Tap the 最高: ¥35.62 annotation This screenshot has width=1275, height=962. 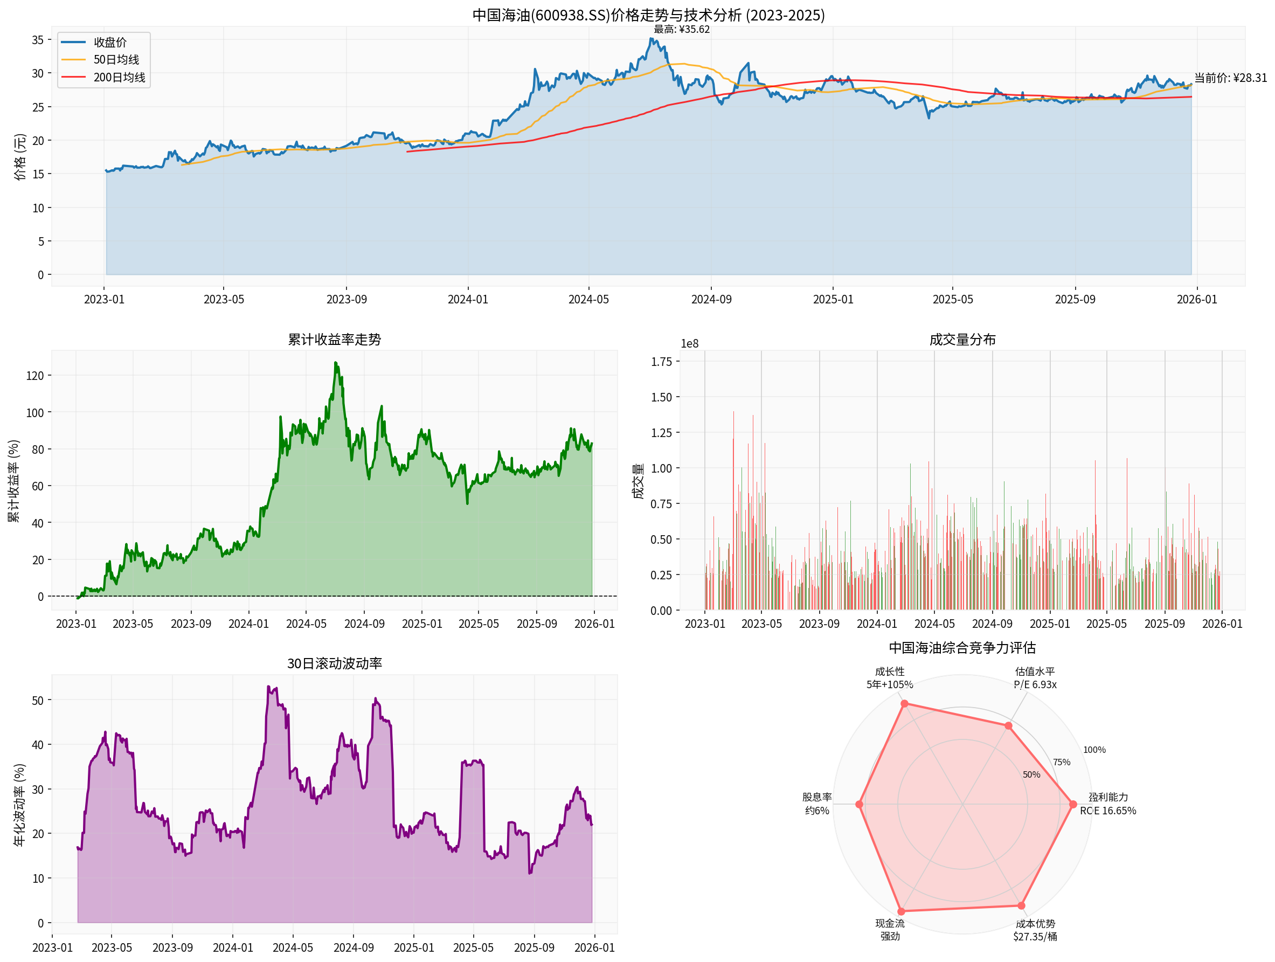pos(681,30)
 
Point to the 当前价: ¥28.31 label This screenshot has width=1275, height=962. pos(1230,78)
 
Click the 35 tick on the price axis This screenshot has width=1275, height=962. pos(38,40)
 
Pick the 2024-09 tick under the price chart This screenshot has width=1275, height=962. pos(711,300)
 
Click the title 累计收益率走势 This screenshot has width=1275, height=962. pos(334,340)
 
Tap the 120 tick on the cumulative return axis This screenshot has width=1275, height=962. pos(34,376)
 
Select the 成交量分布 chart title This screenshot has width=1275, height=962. pos(962,340)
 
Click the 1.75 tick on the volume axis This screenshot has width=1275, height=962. pos(662,362)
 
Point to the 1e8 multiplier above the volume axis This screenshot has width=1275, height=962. pos(689,343)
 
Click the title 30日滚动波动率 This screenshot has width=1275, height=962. pos(334,663)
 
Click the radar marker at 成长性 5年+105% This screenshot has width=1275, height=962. pos(904,703)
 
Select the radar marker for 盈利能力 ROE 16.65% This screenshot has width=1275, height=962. pos(1073,804)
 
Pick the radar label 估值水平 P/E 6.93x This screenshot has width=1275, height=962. pos(1035,678)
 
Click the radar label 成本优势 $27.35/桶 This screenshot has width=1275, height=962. pos(1035,930)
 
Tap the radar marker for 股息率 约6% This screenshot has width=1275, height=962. pos(859,804)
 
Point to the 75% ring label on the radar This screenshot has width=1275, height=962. pos(1061,762)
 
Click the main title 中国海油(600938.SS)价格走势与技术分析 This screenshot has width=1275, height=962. pos(648,15)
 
